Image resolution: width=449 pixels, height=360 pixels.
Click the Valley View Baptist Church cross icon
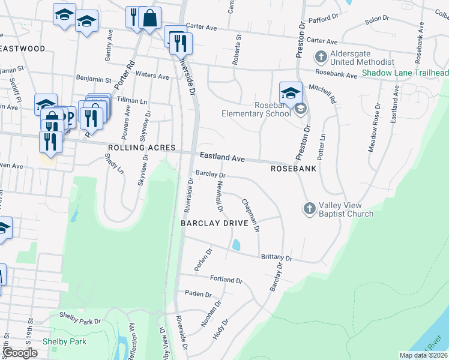click(309, 208)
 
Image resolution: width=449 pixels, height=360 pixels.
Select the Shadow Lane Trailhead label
click(405, 73)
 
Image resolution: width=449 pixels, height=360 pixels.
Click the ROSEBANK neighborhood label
click(294, 169)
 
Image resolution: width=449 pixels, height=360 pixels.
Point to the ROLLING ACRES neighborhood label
click(142, 148)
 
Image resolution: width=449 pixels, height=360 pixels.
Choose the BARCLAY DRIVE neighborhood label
click(215, 223)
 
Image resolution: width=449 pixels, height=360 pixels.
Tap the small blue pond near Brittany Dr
click(237, 245)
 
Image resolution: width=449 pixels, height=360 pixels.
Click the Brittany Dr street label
click(276, 257)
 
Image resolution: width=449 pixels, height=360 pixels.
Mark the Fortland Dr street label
click(226, 280)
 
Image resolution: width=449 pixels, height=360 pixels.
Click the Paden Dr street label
click(199, 294)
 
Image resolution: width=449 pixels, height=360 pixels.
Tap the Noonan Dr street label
click(208, 317)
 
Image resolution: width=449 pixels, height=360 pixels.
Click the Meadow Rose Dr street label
click(375, 128)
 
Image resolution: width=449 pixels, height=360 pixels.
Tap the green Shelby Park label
click(64, 342)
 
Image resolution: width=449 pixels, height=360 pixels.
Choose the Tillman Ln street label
click(131, 101)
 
